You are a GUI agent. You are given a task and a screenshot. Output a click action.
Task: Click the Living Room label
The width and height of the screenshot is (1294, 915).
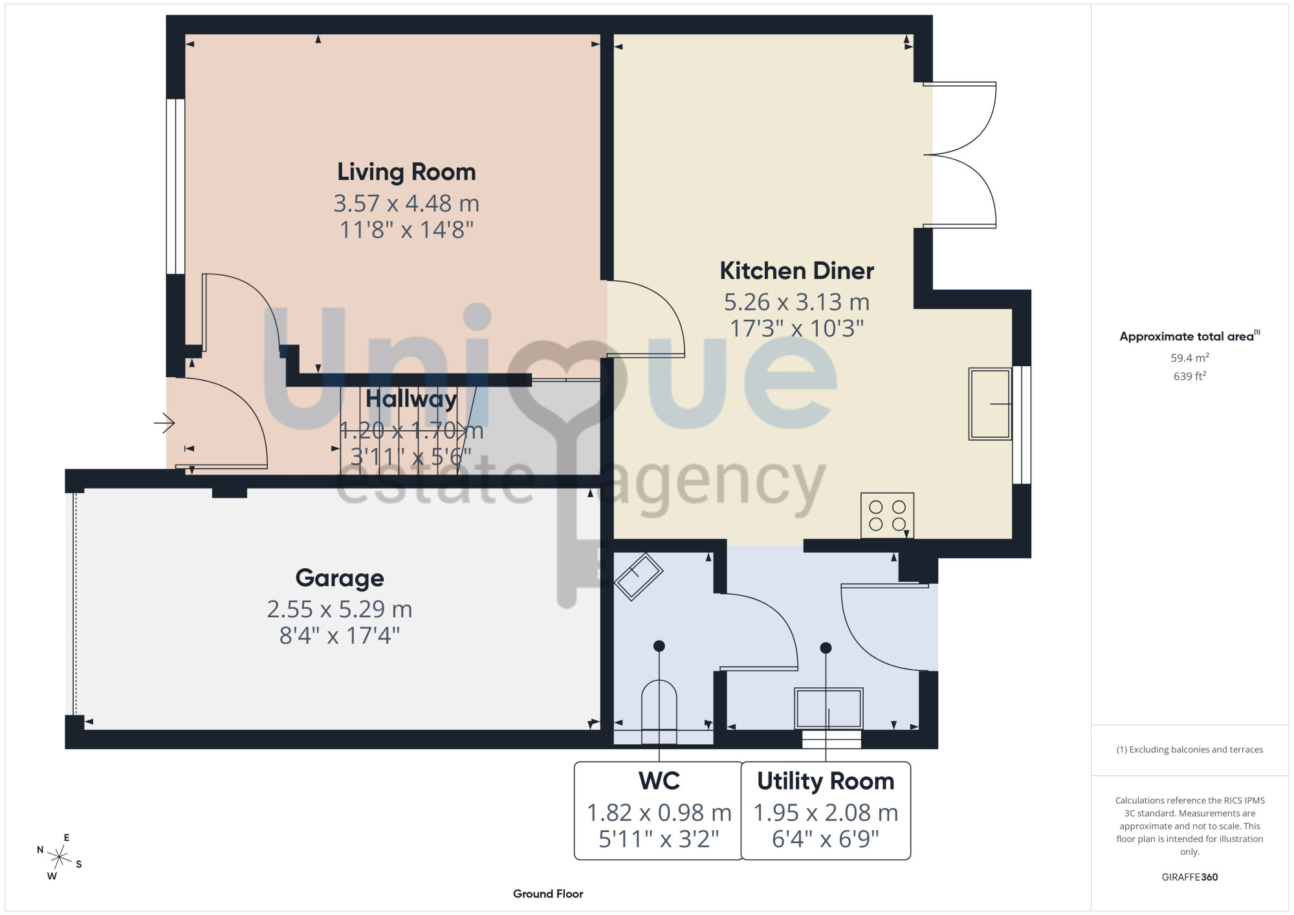[406, 172]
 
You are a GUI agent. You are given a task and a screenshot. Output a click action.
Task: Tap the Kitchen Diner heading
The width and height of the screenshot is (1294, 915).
[796, 270]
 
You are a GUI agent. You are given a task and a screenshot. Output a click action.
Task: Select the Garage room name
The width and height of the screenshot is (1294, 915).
[340, 579]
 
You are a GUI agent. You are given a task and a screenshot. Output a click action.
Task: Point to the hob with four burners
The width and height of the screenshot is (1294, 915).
[887, 516]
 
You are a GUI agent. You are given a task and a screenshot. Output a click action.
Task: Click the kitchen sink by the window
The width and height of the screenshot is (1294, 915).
[990, 404]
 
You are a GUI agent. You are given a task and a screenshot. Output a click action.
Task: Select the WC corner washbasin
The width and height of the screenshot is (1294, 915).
[638, 577]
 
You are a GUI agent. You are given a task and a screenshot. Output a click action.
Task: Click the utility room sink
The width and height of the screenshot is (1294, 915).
[828, 709]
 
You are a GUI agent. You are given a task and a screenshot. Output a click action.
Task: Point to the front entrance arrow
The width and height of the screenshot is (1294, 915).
[164, 423]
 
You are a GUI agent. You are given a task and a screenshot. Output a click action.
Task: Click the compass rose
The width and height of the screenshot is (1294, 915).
[60, 858]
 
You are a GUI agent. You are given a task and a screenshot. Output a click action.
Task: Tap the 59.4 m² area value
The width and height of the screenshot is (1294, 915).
[1190, 357]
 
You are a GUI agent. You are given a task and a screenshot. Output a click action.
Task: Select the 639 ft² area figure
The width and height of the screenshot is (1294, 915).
[1190, 376]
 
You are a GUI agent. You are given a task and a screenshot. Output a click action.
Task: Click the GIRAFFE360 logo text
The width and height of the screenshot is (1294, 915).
[1190, 877]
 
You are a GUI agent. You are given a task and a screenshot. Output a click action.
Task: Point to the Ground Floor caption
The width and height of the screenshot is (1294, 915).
[548, 894]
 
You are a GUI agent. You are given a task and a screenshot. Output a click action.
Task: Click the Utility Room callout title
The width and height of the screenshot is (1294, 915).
[826, 781]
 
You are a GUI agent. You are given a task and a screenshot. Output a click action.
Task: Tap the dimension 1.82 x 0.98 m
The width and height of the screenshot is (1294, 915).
[659, 813]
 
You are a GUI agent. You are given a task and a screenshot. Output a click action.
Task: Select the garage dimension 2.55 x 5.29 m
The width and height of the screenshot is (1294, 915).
[340, 610]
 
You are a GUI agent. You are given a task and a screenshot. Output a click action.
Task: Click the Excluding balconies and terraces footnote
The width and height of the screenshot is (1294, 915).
[1190, 749]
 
